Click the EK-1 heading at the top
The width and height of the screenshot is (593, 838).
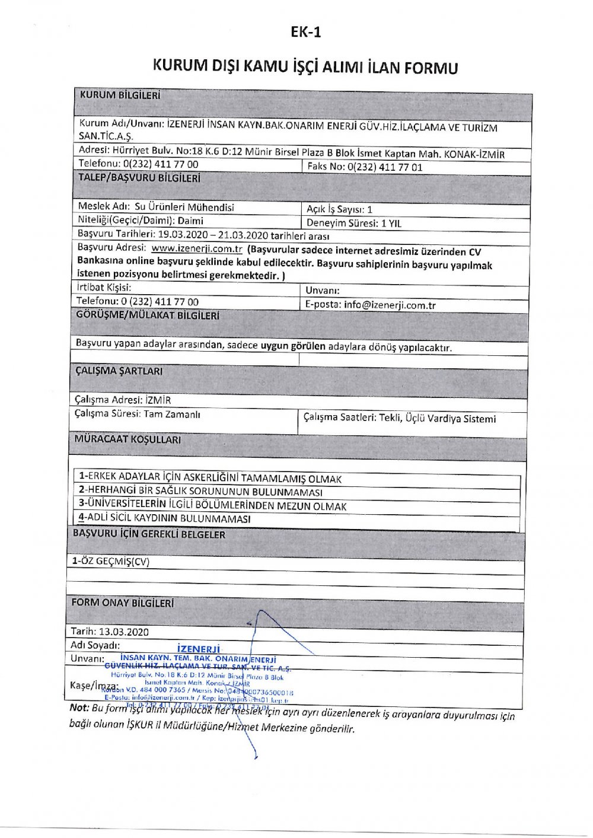pos(306,32)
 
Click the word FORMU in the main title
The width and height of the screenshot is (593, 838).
pos(431,67)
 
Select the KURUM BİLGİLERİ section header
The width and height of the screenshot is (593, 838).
pos(120,95)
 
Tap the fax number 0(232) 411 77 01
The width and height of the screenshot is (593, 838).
pos(385,167)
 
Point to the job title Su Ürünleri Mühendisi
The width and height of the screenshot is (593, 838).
pos(184,207)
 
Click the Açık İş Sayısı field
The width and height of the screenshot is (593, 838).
pos(339,209)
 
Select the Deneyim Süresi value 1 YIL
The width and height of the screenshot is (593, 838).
pos(391,224)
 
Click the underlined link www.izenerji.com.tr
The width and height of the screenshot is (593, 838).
pos(197,248)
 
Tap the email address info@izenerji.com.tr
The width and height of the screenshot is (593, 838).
pos(390,305)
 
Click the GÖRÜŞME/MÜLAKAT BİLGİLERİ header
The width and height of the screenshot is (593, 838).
pos(148,316)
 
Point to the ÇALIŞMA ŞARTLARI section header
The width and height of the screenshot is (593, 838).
pos(119,371)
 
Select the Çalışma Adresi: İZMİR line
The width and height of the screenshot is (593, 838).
pos(123,400)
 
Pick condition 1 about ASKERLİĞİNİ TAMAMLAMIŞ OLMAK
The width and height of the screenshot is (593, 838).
pos(211,477)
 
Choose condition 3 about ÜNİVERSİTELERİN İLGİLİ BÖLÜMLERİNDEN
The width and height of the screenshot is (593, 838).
pos(212,505)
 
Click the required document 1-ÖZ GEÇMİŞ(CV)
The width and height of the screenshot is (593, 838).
pos(111,561)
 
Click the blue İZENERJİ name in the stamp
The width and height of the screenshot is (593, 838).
pos(199,649)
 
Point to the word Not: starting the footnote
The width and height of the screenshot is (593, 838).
pos(79,707)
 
